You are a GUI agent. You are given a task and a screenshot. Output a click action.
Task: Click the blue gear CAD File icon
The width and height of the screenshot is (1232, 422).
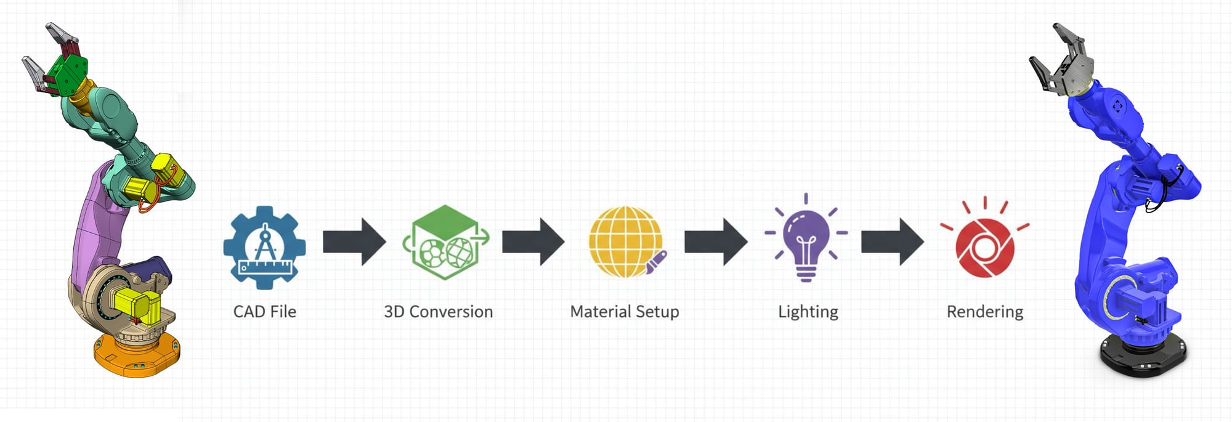(x=264, y=247)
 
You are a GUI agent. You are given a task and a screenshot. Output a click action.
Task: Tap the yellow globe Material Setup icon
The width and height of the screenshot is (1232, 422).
(x=625, y=241)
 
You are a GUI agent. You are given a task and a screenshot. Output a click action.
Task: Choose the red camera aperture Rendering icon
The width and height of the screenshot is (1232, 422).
(x=984, y=246)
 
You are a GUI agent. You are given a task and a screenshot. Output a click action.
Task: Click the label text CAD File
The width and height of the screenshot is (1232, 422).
(x=264, y=312)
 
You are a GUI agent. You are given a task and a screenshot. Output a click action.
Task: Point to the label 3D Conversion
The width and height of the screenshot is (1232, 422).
(x=438, y=312)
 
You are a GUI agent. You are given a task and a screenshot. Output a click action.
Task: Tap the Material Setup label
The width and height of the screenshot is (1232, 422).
(x=625, y=312)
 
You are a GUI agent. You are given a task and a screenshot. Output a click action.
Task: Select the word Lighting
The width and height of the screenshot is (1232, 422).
(x=808, y=312)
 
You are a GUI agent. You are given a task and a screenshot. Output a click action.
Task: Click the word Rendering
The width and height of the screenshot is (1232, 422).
(x=984, y=312)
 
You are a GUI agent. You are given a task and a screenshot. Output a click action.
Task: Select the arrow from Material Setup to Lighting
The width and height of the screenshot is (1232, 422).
(x=716, y=241)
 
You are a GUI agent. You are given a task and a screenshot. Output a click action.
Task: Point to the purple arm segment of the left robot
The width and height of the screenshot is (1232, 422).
(x=92, y=222)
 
